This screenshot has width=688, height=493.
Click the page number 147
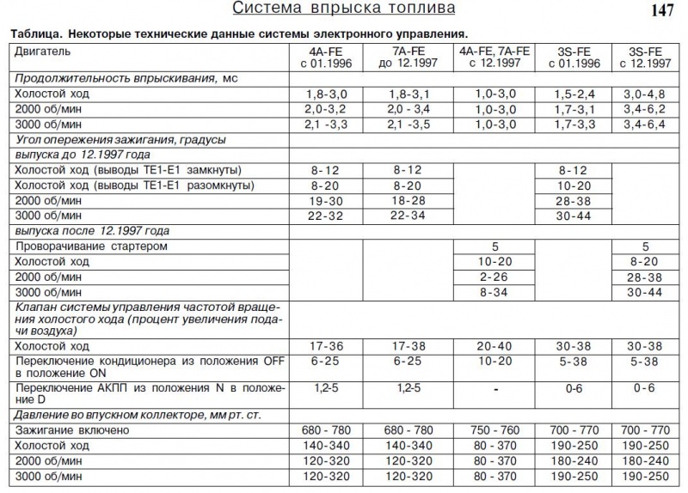pyautogui.click(x=662, y=12)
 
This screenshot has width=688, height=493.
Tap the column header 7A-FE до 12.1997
pyautogui.click(x=398, y=58)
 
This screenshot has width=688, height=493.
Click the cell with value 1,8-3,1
pyautogui.click(x=398, y=93)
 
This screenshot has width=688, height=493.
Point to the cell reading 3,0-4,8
pyautogui.click(x=644, y=93)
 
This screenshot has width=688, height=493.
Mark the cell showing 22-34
pyautogui.click(x=398, y=216)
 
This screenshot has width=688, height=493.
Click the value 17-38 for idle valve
pyautogui.click(x=398, y=346)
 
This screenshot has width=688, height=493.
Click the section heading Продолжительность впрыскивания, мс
pyautogui.click(x=125, y=77)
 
